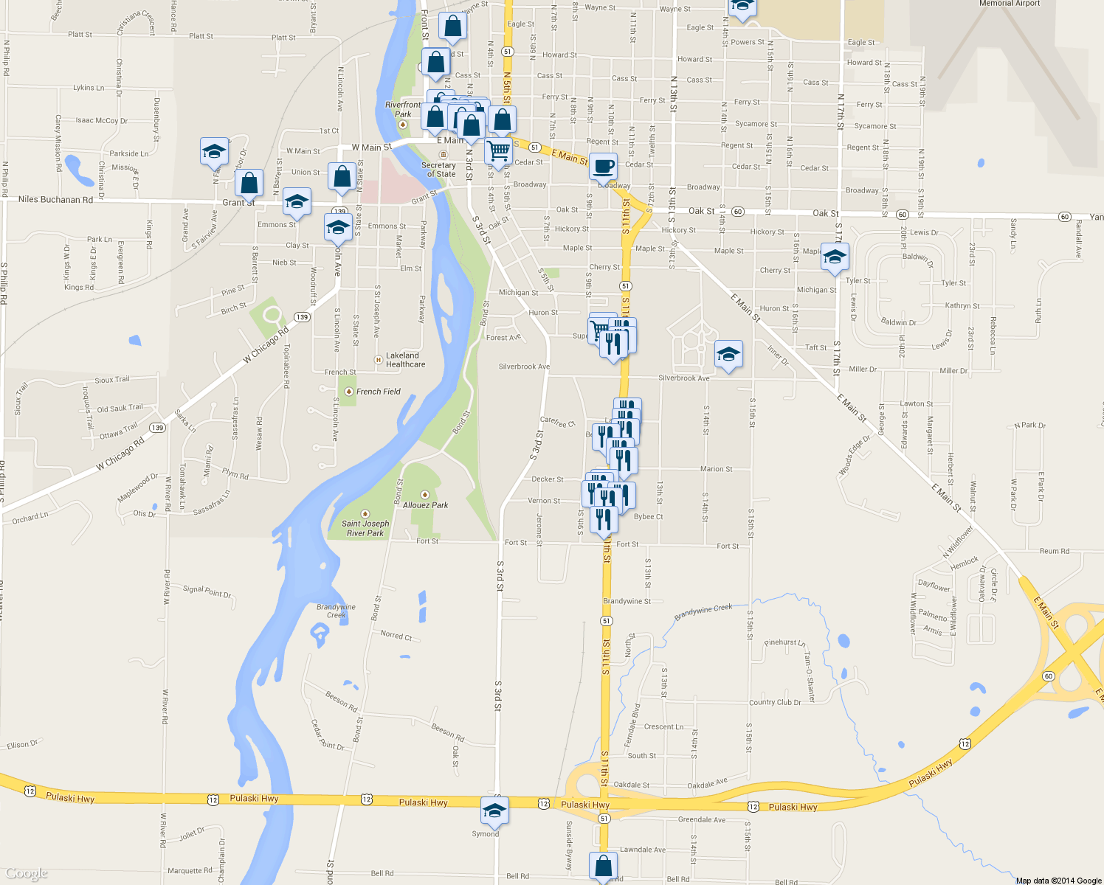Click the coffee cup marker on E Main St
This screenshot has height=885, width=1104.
(x=603, y=167)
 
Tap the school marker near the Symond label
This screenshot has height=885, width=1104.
(x=494, y=811)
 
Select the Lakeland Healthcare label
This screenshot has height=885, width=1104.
(x=405, y=360)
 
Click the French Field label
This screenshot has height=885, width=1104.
(x=378, y=392)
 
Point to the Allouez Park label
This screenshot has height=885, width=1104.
(x=425, y=505)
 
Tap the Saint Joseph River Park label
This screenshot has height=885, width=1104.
(x=365, y=528)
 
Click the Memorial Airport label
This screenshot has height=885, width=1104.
(x=1009, y=4)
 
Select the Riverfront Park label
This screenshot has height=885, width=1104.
(x=403, y=110)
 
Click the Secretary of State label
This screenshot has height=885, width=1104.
(x=438, y=170)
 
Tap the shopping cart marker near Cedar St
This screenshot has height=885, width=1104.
(x=499, y=151)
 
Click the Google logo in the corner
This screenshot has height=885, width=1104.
(x=27, y=873)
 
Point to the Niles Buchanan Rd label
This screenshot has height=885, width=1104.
(x=55, y=199)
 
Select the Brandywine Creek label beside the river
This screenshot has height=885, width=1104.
(x=336, y=611)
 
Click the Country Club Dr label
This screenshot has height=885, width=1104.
(x=775, y=702)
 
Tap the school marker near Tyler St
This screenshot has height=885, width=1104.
(x=835, y=257)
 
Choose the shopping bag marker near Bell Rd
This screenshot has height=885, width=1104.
(x=603, y=866)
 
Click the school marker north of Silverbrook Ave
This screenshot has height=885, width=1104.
(x=728, y=355)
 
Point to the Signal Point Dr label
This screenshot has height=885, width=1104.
(x=207, y=591)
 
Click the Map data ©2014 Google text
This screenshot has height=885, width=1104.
(x=1059, y=881)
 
